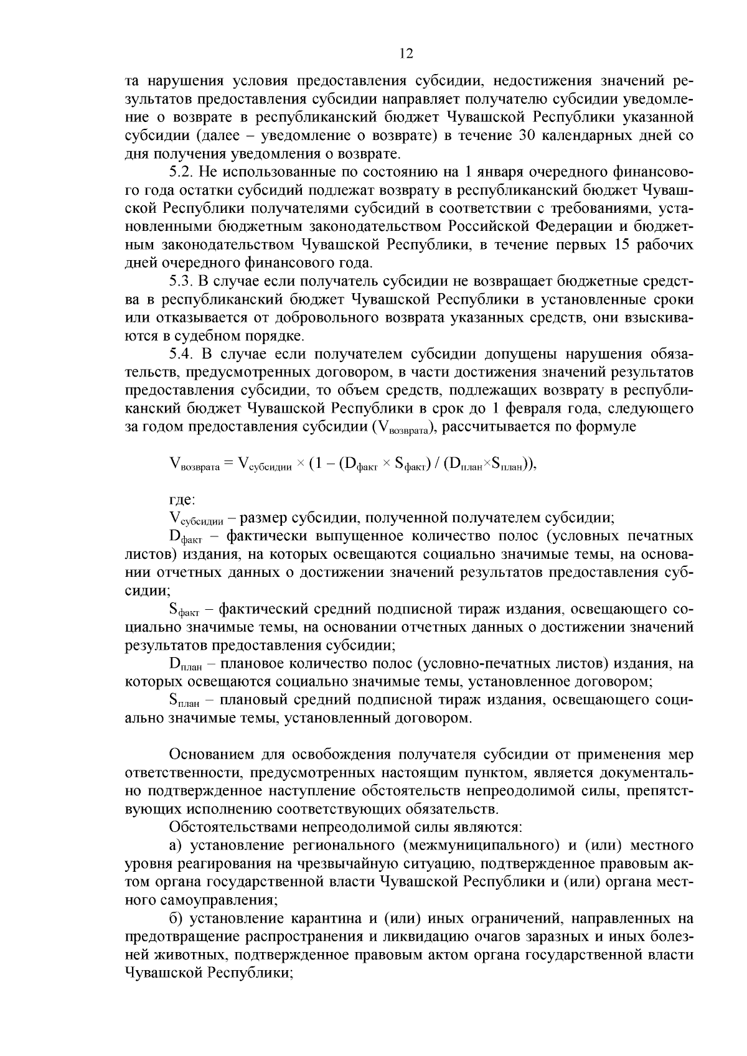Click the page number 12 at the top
pyautogui.click(x=406, y=54)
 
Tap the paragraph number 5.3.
pyautogui.click(x=181, y=281)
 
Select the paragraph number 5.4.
pyautogui.click(x=181, y=355)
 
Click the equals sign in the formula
pyautogui.click(x=228, y=464)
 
